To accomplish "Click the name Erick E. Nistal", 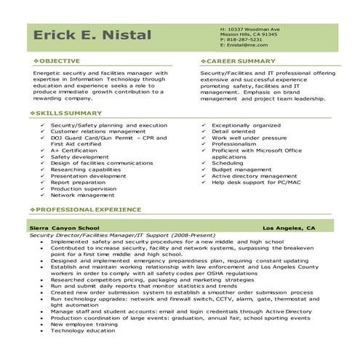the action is click(x=92, y=36).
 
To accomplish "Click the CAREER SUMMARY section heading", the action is click(x=236, y=61).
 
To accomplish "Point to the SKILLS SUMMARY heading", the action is click(x=65, y=114).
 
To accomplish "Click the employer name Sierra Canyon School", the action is click(x=64, y=228).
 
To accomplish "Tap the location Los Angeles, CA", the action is click(x=289, y=228).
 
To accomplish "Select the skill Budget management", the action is click(x=242, y=169).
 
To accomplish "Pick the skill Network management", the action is click(x=83, y=195).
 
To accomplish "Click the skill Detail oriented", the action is click(x=233, y=131).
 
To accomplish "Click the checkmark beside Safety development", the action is click(x=44, y=156).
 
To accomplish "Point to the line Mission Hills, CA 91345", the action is click(x=249, y=33).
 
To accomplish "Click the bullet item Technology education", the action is click(x=83, y=329).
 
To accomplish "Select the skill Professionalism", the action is click(x=235, y=143).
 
